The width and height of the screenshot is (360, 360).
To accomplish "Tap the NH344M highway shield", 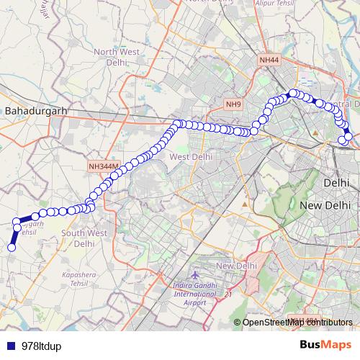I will [103, 166].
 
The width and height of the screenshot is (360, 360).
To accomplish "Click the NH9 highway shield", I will [233, 105].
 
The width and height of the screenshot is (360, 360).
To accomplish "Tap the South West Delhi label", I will [84, 238].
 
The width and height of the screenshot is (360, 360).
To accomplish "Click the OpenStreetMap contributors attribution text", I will [297, 322].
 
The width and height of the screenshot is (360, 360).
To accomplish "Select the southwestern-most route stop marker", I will [12, 248].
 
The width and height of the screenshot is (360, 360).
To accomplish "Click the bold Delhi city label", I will [336, 184].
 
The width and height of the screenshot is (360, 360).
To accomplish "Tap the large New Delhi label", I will [324, 207].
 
